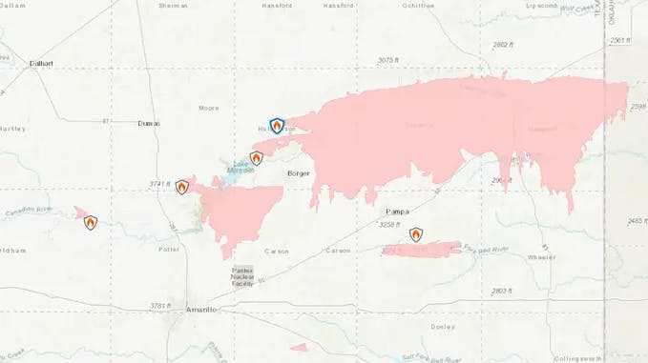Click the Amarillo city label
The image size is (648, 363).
point(202,312)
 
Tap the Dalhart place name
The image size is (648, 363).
point(41,63)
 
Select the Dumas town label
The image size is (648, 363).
point(149,124)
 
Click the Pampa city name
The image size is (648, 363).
point(397,211)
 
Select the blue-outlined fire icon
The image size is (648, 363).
point(277,125)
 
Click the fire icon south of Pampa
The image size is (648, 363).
point(416,233)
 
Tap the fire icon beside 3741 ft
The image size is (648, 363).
point(181,187)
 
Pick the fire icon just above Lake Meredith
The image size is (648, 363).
point(256,158)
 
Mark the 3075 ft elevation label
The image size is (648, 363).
point(387,60)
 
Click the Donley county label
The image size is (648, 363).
point(442,327)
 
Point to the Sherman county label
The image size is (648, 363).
point(173,6)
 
